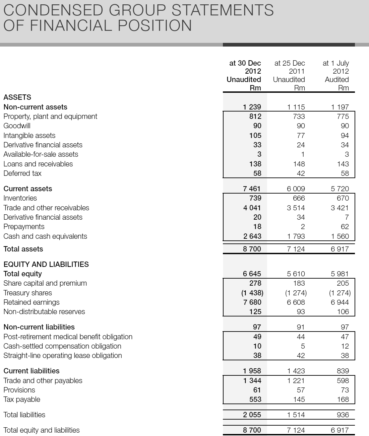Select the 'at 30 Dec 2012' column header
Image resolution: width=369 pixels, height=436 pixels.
pos(244,67)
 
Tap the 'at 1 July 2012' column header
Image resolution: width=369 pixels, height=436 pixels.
pos(336,67)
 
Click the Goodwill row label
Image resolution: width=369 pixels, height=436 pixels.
pos(17,126)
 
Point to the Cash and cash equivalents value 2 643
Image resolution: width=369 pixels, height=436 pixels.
pos(252,236)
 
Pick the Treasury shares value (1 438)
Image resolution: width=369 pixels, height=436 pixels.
pos(252,293)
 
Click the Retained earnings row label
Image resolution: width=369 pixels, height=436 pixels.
pos(31,302)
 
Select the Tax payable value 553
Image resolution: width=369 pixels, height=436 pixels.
pos(255,399)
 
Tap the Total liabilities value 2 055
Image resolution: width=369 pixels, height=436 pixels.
pos(252,415)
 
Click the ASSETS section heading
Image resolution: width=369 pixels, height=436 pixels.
pos(17,97)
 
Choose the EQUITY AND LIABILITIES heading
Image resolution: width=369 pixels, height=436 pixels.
pos(46,265)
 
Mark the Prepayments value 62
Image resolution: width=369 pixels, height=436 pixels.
pos(345,227)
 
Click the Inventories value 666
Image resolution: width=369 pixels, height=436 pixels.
pos(299,198)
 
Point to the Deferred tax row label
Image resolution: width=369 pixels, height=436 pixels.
pos(22,173)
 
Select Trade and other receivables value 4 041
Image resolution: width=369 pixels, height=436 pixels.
pos(252,208)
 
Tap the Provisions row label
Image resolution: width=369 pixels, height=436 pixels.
pos(19,390)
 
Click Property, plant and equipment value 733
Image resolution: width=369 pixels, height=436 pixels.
pos(299,117)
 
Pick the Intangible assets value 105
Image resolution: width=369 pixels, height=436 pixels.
pos(255,136)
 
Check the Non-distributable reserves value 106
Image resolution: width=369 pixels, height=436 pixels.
pos(343,312)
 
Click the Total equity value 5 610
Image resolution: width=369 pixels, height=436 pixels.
pos(296,274)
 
